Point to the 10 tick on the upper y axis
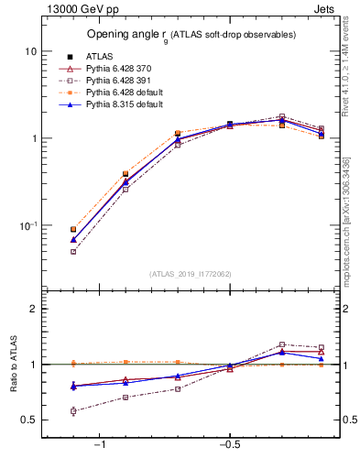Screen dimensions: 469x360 pos(30,52)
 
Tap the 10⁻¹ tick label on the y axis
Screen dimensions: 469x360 pos(27,226)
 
